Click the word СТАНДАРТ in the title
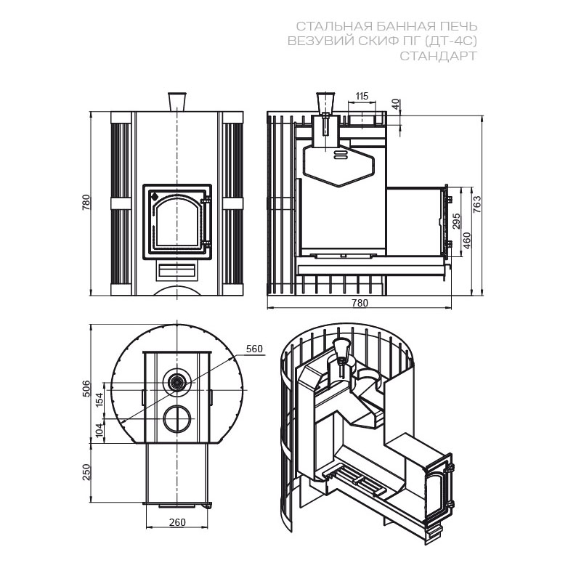click(x=438, y=56)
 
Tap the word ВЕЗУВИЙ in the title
click(x=320, y=41)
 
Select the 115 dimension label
click(x=362, y=96)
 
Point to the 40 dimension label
click(x=396, y=104)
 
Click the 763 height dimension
click(x=477, y=204)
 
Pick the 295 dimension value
click(x=456, y=221)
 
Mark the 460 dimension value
click(x=467, y=240)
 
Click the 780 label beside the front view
click(x=86, y=203)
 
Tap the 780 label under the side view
click(x=360, y=302)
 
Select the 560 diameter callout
click(x=254, y=349)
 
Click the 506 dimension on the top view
click(x=86, y=389)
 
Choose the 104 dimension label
click(x=100, y=430)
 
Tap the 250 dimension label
click(x=86, y=472)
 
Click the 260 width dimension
click(x=177, y=522)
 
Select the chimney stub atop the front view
click(x=177, y=102)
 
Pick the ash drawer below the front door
click(x=177, y=272)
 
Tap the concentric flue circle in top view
click(x=177, y=381)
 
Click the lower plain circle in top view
click(x=177, y=418)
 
